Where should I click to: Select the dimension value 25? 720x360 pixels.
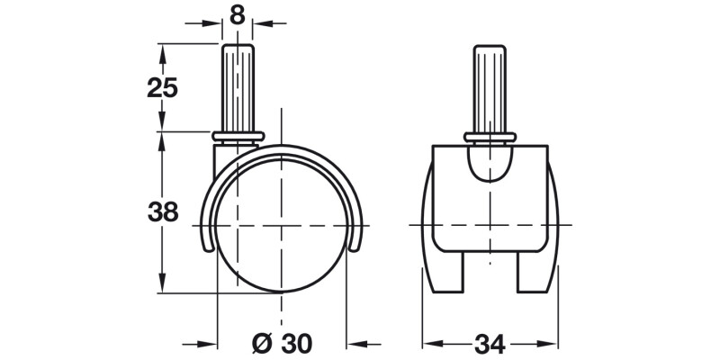pos(162,88)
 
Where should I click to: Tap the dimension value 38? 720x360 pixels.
pos(162,213)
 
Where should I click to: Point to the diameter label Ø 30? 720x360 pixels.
pos(281,344)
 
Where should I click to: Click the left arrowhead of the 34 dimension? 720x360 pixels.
pos(430,344)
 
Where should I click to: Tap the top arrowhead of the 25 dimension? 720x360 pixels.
pos(162,49)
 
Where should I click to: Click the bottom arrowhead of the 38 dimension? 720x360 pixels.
pos(162,285)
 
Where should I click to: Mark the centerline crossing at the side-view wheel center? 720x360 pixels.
pos(281,223)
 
